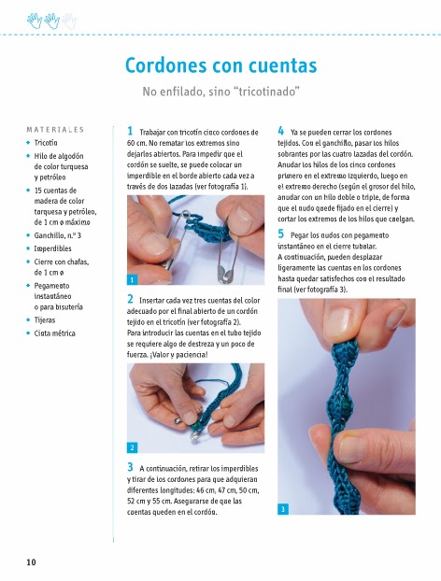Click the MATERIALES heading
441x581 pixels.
click(55, 130)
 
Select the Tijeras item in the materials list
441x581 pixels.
click(45, 320)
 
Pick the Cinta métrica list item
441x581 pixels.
click(54, 333)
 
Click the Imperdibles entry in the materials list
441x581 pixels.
click(52, 248)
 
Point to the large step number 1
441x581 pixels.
click(130, 131)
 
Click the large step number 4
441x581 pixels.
click(281, 131)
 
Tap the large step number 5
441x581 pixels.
click(281, 234)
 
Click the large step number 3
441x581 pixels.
click(130, 467)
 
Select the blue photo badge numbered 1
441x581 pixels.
click(132, 279)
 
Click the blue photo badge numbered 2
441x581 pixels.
click(132, 447)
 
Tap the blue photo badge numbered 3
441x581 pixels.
click(283, 509)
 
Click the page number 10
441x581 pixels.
click(31, 562)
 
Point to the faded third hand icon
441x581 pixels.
click(69, 21)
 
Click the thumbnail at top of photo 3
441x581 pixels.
click(340, 321)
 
